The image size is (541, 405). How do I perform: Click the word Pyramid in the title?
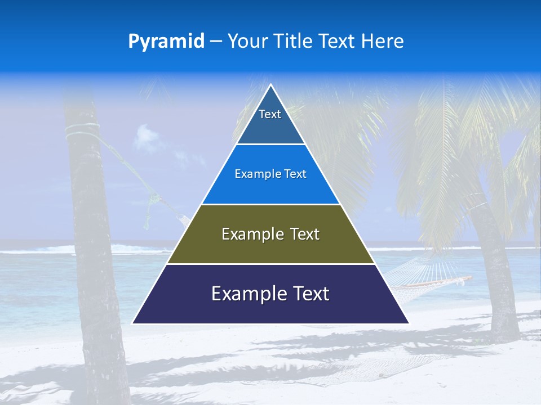coord(166,42)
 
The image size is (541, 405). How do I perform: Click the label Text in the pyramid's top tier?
coord(270,114)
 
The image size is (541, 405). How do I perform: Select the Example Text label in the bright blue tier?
coord(270,174)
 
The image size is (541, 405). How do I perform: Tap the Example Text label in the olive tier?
coord(270,234)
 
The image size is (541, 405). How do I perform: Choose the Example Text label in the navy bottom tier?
coord(270,294)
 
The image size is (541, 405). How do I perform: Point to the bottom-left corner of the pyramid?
coord(133,323)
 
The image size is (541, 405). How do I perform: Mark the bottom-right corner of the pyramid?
coord(408,323)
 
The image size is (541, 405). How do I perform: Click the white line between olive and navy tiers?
coord(270,264)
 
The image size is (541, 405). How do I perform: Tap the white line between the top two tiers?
coord(270,145)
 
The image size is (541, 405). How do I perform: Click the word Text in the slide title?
coord(336,42)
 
